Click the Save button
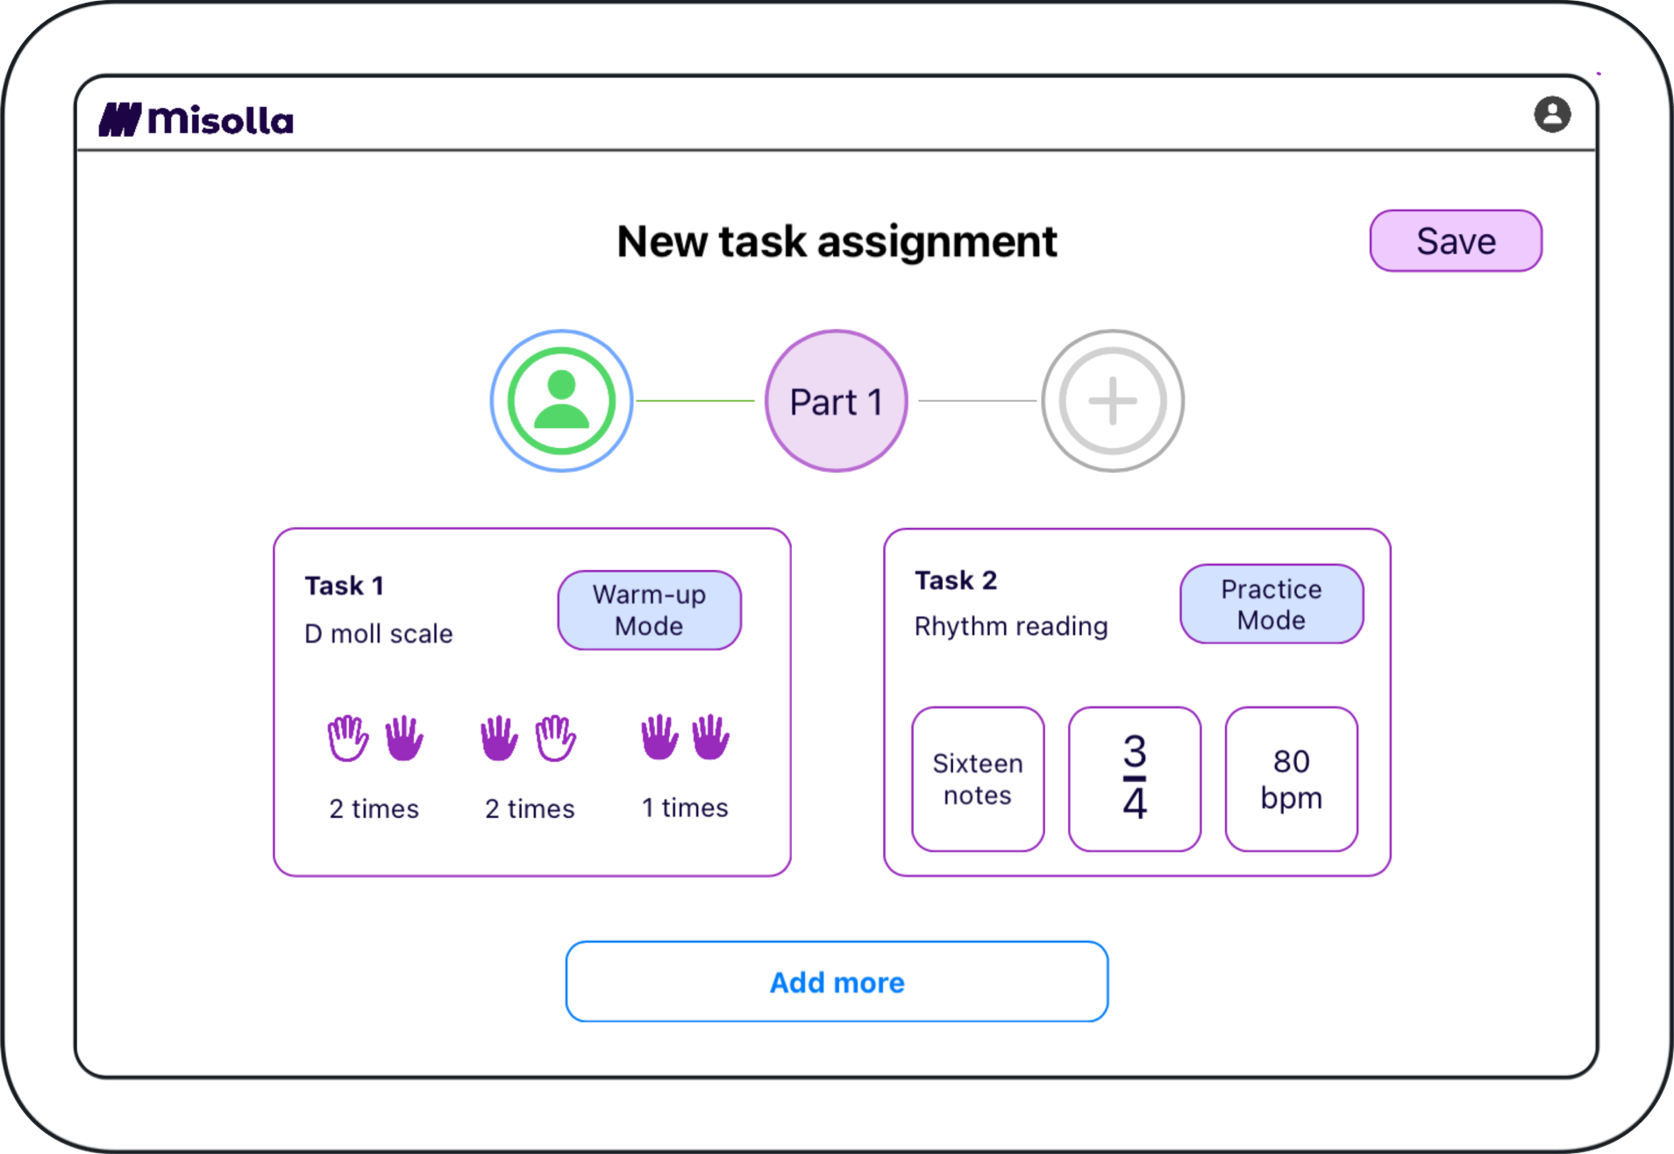point(1455,241)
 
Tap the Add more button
point(837,981)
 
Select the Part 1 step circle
point(836,402)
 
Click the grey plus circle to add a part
point(1112,402)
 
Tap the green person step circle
point(561,402)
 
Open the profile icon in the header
point(1551,115)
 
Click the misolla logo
point(196,120)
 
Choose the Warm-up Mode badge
point(649,610)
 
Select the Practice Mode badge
point(1271,604)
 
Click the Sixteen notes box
point(978,779)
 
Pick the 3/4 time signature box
point(1134,779)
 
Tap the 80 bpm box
point(1291,779)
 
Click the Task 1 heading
point(344,586)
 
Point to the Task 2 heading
point(955,581)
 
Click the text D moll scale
point(378,634)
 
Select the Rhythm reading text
point(1010,626)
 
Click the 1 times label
point(685,808)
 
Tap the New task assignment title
point(837,241)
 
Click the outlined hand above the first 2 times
point(347,738)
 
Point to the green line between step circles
point(695,401)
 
